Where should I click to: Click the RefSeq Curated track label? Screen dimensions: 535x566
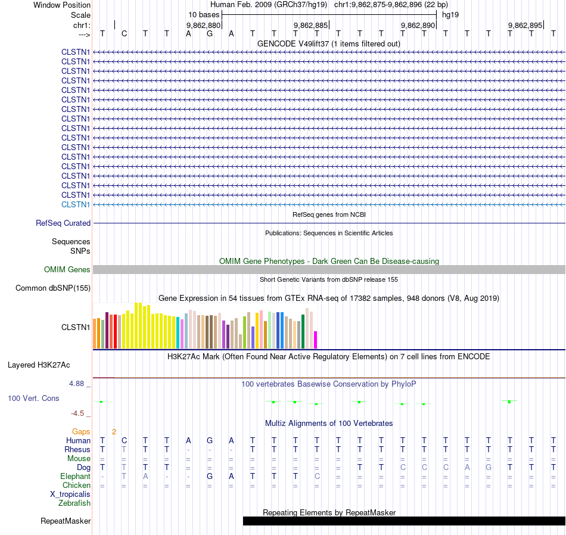(63, 223)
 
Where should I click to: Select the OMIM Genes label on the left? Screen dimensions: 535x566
(67, 270)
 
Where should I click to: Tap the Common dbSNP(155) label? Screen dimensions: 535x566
(53, 288)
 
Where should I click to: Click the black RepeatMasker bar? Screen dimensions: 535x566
(404, 521)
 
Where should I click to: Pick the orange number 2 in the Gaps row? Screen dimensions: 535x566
(114, 431)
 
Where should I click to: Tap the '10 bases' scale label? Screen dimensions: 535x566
(204, 14)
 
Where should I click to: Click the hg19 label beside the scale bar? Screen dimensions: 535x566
(450, 14)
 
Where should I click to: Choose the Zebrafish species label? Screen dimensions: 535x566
(74, 503)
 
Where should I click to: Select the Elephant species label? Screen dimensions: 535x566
(75, 477)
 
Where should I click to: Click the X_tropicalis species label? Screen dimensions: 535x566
(70, 494)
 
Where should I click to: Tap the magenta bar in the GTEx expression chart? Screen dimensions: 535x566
(316, 340)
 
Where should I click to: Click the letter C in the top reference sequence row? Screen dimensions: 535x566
(124, 33)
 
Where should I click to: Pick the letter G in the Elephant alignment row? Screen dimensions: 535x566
(210, 477)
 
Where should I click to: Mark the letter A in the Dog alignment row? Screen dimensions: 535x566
(467, 468)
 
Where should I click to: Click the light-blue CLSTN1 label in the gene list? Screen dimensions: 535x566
(76, 204)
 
